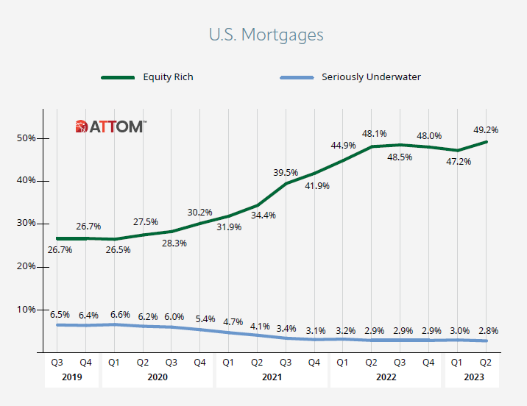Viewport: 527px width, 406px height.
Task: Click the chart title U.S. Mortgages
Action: (266, 35)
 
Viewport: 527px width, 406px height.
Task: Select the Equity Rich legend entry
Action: (168, 76)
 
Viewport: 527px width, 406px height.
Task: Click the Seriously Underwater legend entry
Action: (371, 76)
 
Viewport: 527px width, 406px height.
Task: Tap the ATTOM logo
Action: (110, 127)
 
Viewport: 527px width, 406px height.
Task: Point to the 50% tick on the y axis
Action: (26, 138)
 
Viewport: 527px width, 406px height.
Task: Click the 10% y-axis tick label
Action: (26, 309)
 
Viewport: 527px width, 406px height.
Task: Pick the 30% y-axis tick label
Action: (26, 224)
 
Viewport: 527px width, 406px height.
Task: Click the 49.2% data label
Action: (485, 129)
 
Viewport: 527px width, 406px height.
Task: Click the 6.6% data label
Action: (119, 314)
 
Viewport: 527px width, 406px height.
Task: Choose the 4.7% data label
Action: (233, 321)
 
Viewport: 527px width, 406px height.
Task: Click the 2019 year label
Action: (71, 377)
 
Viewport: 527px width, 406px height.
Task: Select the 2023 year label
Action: (472, 377)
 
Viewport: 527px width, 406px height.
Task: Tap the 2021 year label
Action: (272, 377)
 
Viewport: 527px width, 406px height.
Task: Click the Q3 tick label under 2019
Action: (57, 361)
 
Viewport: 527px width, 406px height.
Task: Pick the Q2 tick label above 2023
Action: (487, 361)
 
